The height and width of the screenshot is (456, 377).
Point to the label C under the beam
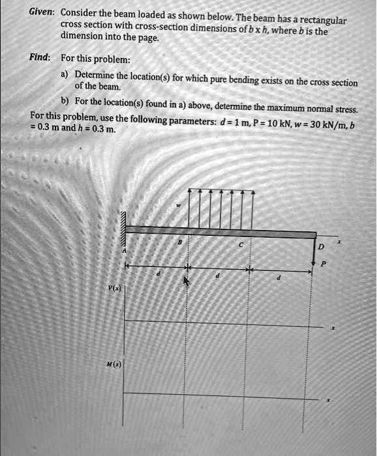coord(240,246)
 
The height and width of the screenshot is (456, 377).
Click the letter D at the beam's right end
coord(320,248)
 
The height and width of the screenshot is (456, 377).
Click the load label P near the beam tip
coord(323,264)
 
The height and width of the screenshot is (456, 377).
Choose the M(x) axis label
coord(113,365)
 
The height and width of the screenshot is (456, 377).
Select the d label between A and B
coord(156,276)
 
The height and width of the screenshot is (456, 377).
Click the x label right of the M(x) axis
coord(328,399)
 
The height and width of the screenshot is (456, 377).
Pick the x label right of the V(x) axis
coord(333,329)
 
